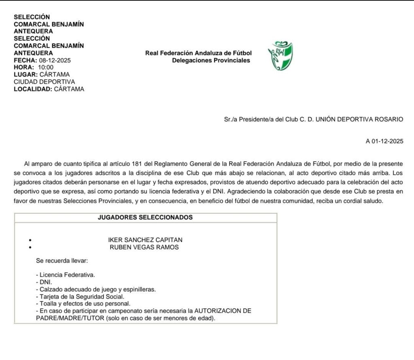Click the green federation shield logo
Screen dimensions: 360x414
click(x=280, y=56)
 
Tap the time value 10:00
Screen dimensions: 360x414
click(x=46, y=67)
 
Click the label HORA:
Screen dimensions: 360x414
click(x=24, y=67)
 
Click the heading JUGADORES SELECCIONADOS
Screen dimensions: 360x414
click(x=145, y=217)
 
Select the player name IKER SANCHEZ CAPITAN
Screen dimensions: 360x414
click(x=145, y=240)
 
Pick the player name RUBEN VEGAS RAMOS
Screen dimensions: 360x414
click(x=144, y=247)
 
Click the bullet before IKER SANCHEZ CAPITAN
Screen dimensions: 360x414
click(x=31, y=240)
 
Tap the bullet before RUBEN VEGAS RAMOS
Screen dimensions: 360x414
click(x=31, y=248)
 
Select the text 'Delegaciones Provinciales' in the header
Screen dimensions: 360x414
click(x=211, y=61)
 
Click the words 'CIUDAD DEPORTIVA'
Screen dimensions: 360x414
click(x=44, y=82)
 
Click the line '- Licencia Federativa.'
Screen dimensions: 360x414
click(x=65, y=275)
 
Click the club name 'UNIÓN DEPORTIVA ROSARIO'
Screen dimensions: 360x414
click(x=359, y=119)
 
